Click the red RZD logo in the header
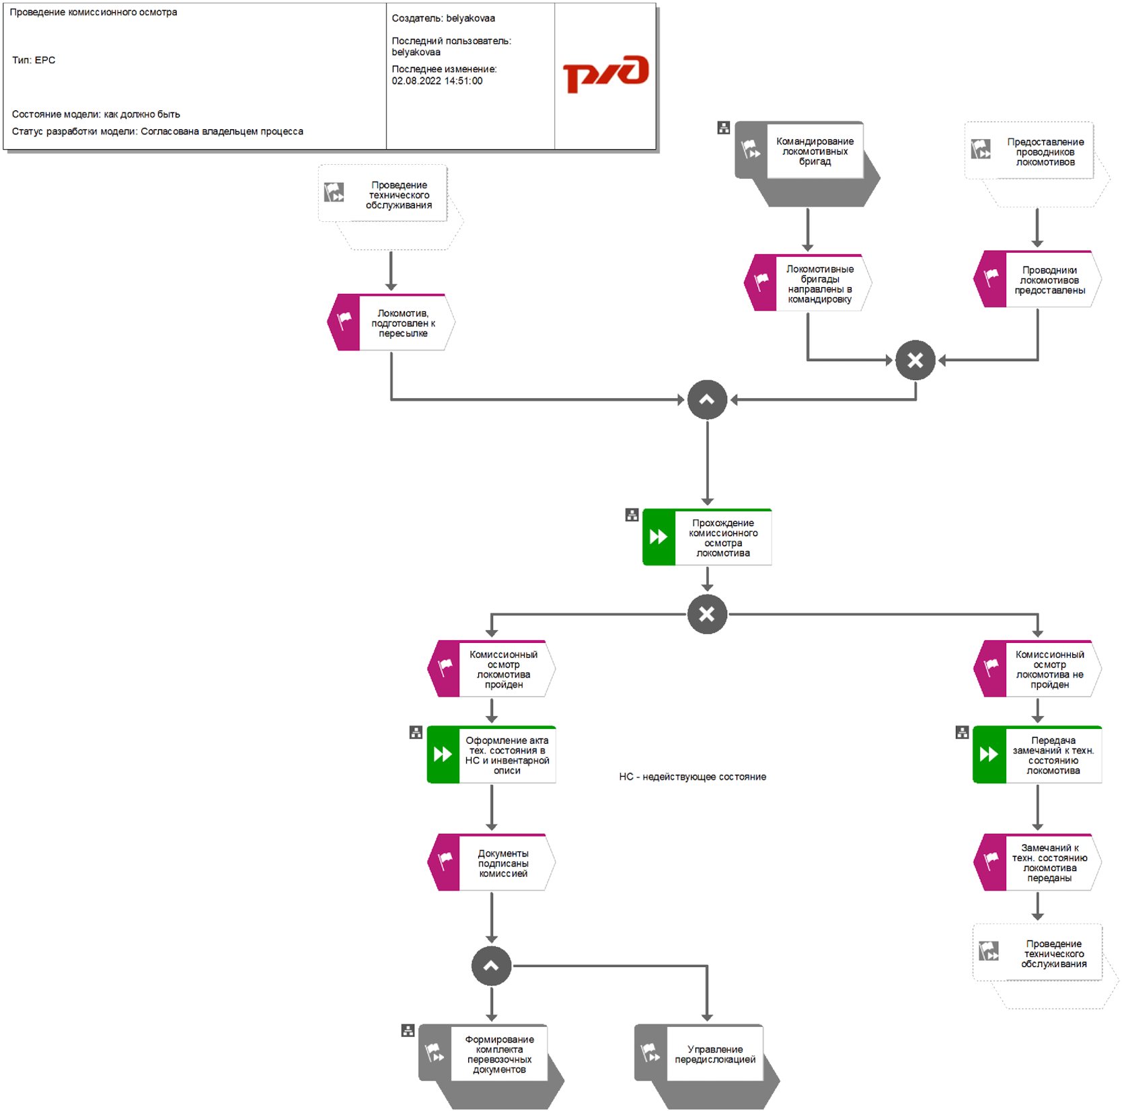[605, 73]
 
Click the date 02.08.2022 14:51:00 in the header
[437, 81]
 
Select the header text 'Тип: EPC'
[34, 60]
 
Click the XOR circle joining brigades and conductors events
[915, 360]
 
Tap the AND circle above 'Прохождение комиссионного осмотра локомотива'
[707, 400]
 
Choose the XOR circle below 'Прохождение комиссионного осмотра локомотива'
[707, 614]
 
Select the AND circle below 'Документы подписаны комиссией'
[492, 966]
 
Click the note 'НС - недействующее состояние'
[692, 777]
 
